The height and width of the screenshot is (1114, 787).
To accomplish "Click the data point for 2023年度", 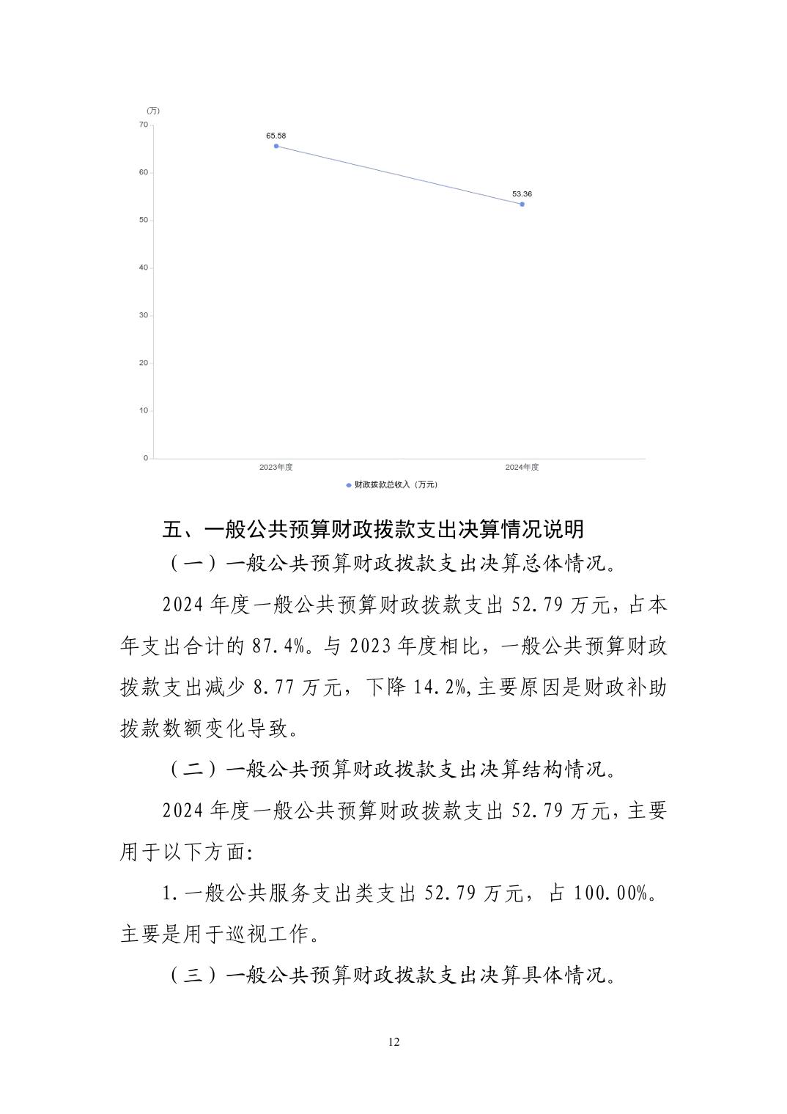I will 276,146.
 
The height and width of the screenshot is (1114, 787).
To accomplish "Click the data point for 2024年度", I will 522,204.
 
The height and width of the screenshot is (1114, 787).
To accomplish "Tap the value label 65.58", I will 276,136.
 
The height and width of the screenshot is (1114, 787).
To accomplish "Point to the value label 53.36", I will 522,194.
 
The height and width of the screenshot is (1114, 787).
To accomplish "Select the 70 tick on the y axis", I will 144,125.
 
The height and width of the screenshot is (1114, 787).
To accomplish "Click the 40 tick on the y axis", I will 144,268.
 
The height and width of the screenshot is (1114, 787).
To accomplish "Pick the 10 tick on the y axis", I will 144,410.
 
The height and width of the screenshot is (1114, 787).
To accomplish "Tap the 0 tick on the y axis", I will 146,458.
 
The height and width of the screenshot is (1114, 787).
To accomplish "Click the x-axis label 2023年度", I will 276,468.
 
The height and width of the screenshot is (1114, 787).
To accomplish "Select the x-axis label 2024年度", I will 522,468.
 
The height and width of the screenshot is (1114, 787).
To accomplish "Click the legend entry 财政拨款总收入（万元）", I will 394,484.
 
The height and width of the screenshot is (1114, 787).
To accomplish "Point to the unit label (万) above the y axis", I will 153,111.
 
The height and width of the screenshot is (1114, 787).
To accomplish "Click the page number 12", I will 394,1042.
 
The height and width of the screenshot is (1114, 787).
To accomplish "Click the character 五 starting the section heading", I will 172,529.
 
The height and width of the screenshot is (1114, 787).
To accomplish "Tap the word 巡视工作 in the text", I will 278,934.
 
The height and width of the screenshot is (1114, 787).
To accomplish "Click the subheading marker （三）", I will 194,975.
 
